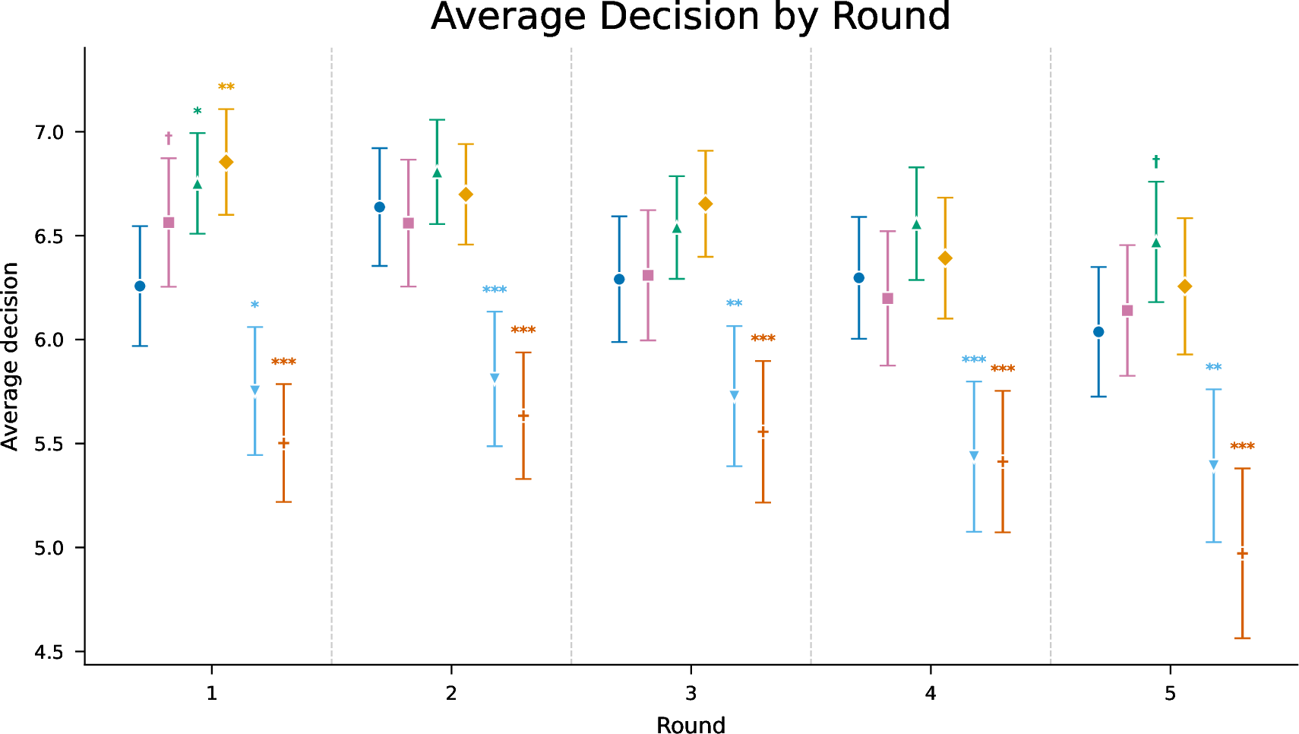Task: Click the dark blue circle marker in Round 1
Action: click(x=140, y=286)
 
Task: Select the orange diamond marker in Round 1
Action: click(x=226, y=162)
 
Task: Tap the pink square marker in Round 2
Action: click(x=408, y=223)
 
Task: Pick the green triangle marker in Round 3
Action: click(x=677, y=228)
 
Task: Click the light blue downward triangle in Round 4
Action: click(x=974, y=455)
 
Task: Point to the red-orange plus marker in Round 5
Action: click(x=1242, y=554)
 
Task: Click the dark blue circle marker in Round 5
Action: click(x=1098, y=332)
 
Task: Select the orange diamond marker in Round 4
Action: click(x=945, y=258)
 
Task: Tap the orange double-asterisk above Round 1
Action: click(x=226, y=87)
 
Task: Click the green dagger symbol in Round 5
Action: click(x=1155, y=161)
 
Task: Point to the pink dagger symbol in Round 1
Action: click(x=169, y=138)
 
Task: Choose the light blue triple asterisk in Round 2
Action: click(x=495, y=289)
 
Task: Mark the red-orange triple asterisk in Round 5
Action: click(x=1242, y=446)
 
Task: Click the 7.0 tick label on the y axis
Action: click(x=49, y=132)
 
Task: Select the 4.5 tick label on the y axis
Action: click(x=49, y=652)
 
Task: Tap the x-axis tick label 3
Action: click(x=691, y=694)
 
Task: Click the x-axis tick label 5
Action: click(x=1171, y=694)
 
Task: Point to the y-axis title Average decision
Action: click(x=10, y=356)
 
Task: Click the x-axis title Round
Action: click(x=691, y=726)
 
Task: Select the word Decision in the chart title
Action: click(x=678, y=16)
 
